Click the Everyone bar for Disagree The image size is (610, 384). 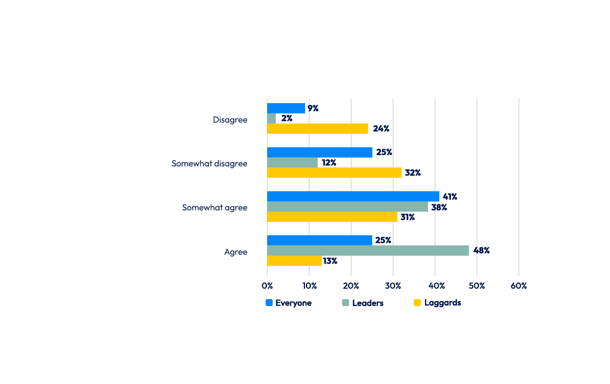[286, 108]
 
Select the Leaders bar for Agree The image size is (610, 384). [368, 251]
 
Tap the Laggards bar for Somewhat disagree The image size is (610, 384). [334, 172]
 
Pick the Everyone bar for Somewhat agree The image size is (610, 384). [353, 196]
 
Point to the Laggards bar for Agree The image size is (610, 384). [294, 261]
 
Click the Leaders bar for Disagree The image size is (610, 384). [271, 119]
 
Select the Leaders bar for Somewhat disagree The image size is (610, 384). [292, 163]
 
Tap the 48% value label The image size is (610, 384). [481, 251]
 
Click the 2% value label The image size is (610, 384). [287, 119]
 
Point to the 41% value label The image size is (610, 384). [449, 196]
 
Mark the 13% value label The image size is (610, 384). [330, 261]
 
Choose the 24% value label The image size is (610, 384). [381, 129]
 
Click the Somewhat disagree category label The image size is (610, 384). [209, 164]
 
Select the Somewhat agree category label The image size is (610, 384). [215, 208]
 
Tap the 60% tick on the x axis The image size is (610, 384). [518, 286]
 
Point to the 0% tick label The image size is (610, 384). [267, 286]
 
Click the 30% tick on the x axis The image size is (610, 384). [393, 286]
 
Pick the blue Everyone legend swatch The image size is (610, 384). [269, 303]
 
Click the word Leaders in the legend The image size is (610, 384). [368, 303]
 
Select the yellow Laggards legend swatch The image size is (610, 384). [417, 303]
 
